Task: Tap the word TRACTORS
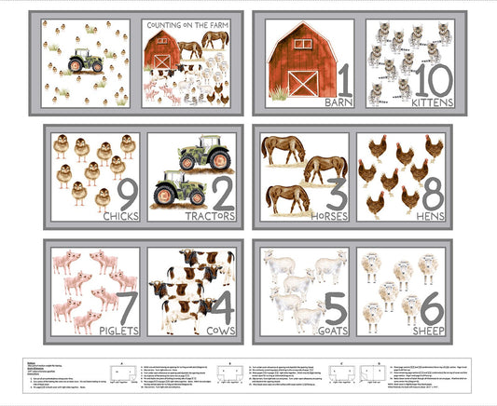coord(211,216)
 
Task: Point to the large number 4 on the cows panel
coord(221,305)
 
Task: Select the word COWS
coord(216,330)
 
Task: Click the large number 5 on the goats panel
coord(335,305)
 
